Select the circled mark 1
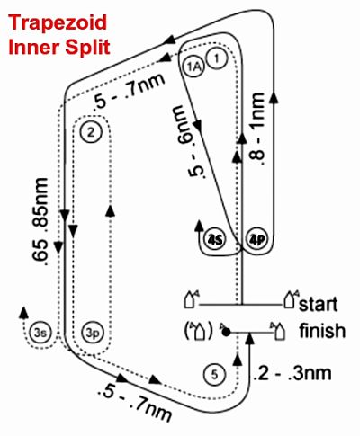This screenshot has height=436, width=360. [x=217, y=58]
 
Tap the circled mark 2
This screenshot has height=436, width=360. [x=91, y=132]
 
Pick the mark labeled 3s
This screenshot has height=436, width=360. [x=40, y=333]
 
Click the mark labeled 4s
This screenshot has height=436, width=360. [x=216, y=240]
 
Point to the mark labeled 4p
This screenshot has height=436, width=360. [x=258, y=240]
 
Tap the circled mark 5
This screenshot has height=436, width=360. [x=214, y=375]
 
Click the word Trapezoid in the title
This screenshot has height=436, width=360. [x=58, y=23]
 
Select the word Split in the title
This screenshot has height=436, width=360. [x=89, y=48]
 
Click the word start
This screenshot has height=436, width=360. [x=319, y=304]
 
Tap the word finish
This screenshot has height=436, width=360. [x=322, y=330]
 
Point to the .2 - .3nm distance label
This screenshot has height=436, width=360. [x=292, y=374]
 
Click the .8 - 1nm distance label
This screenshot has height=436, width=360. [x=257, y=129]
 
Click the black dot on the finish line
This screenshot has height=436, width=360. [x=227, y=332]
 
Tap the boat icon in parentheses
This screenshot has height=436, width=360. [x=199, y=332]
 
